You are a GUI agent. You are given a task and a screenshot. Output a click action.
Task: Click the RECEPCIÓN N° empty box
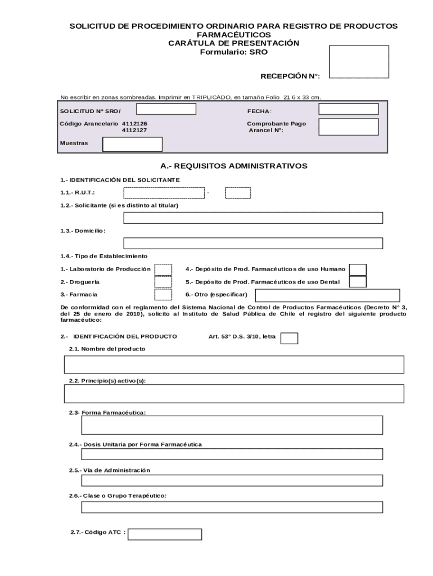click(359, 61)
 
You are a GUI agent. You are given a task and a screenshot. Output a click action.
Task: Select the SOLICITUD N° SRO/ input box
click(166, 109)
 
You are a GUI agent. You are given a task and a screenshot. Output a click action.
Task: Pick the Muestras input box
click(132, 145)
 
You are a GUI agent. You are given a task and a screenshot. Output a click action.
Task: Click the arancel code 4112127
click(135, 130)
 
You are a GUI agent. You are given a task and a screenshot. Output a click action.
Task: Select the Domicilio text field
click(253, 243)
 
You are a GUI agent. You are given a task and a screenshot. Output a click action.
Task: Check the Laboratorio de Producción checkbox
click(163, 269)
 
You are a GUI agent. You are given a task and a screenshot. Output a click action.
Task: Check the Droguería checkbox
click(163, 282)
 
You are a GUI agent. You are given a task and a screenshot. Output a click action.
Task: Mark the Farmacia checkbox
click(163, 294)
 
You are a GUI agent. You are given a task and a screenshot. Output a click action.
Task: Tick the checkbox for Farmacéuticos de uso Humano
click(358, 269)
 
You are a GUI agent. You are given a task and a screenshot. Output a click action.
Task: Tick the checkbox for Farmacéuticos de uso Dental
click(358, 282)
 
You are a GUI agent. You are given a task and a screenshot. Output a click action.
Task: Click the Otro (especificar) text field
click(327, 295)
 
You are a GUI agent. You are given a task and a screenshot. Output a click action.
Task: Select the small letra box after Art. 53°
click(289, 338)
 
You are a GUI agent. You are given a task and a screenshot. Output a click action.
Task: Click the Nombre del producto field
click(234, 364)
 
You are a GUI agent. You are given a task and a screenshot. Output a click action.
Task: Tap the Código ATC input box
click(165, 534)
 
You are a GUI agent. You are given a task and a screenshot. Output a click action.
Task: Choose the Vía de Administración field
click(232, 480)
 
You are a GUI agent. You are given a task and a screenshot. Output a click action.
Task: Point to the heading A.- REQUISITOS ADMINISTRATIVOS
click(234, 166)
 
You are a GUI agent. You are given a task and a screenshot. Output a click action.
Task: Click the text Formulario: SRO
click(234, 52)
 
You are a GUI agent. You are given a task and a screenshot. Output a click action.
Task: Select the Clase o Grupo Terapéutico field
click(232, 507)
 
